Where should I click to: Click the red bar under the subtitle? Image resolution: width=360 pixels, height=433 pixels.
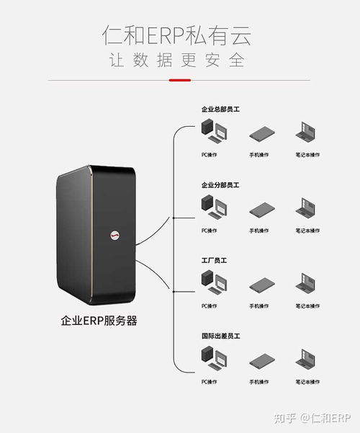point(179,80)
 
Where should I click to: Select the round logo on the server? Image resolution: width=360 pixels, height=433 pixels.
point(116,234)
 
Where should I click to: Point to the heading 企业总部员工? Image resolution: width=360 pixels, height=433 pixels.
point(220,110)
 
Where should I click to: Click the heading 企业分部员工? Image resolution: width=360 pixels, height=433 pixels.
point(220,185)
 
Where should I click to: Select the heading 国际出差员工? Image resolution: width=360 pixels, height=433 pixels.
point(220,336)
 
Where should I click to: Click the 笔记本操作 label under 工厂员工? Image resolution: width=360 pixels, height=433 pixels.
point(307,306)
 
